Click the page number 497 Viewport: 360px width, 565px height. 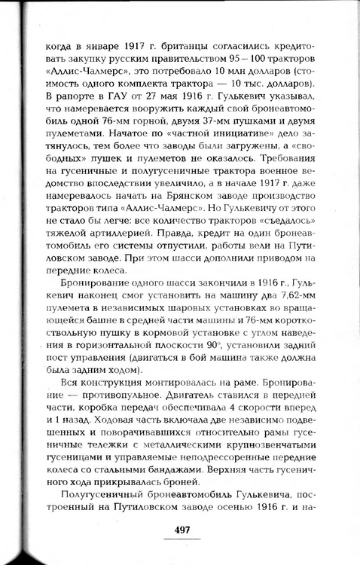[x=182, y=529]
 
